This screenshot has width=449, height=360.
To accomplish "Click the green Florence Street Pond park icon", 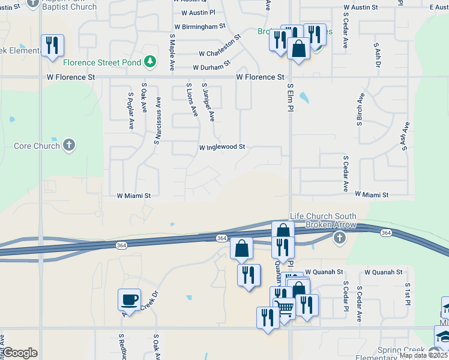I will [149, 61].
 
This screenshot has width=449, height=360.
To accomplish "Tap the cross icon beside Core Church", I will [70, 145].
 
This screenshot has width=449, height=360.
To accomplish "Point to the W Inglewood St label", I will [222, 146].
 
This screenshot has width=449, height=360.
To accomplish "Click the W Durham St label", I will [211, 65].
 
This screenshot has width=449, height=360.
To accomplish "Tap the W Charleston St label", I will [220, 46].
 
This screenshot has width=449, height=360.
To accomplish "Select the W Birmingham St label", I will [199, 26].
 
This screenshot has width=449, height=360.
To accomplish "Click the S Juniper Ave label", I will [208, 103].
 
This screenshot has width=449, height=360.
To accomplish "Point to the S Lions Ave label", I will [191, 100].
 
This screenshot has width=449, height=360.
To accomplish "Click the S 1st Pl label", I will [408, 293].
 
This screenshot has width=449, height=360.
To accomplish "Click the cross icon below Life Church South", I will [340, 238].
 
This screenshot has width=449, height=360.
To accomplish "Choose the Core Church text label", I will [37, 146].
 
